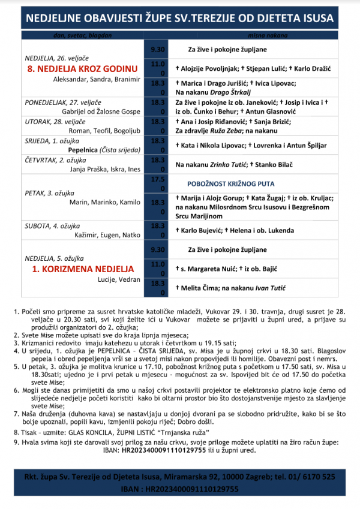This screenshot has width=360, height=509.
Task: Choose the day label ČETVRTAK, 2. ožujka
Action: [x=55, y=159]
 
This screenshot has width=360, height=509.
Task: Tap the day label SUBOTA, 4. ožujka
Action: [x=53, y=225]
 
